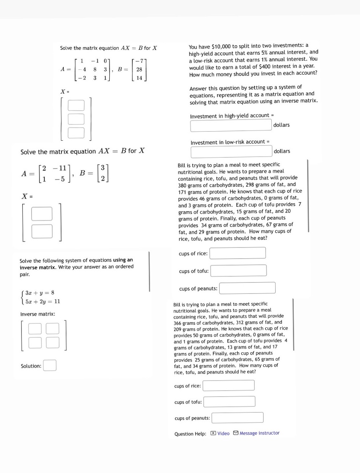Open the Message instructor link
[257, 433]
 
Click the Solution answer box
[50, 365]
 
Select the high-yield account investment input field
[231, 125]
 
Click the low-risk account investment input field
[231, 152]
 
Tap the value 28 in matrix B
[139, 69]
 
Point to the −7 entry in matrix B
[139, 61]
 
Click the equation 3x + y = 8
[40, 293]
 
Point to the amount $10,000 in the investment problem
[221, 46]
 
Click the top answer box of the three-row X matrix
[76, 106]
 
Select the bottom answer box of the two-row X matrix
[42, 231]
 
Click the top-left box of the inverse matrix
[35, 329]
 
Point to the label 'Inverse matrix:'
[38, 314]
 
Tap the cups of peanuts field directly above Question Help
[237, 418]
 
